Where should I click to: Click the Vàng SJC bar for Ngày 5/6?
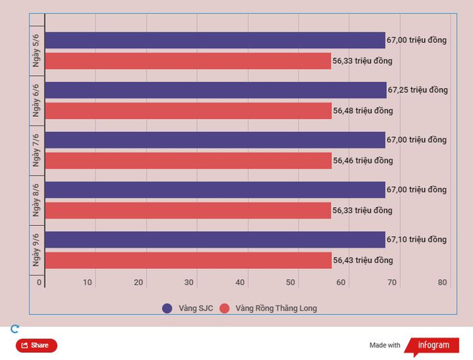(x=215, y=40)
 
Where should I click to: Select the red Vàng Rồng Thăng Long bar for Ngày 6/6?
(x=188, y=111)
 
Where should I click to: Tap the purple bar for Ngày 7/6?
(x=215, y=140)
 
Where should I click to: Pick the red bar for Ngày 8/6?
(x=188, y=211)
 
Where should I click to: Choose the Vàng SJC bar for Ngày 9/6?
(x=215, y=240)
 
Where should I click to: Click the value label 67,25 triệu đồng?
(x=418, y=90)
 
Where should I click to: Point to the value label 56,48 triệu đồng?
(x=363, y=111)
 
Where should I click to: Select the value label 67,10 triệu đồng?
(x=417, y=240)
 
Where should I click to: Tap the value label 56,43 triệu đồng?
(x=363, y=260)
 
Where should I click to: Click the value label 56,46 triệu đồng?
(x=363, y=161)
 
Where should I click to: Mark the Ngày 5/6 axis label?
(x=36, y=50)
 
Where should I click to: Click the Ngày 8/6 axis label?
(x=36, y=200)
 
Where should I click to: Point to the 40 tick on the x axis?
(x=240, y=283)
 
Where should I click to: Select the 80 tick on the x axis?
(x=443, y=283)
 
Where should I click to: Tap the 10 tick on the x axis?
(x=87, y=283)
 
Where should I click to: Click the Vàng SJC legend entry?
(x=188, y=308)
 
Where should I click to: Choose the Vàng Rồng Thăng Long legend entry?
(x=268, y=308)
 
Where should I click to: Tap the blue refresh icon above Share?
(x=14, y=329)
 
